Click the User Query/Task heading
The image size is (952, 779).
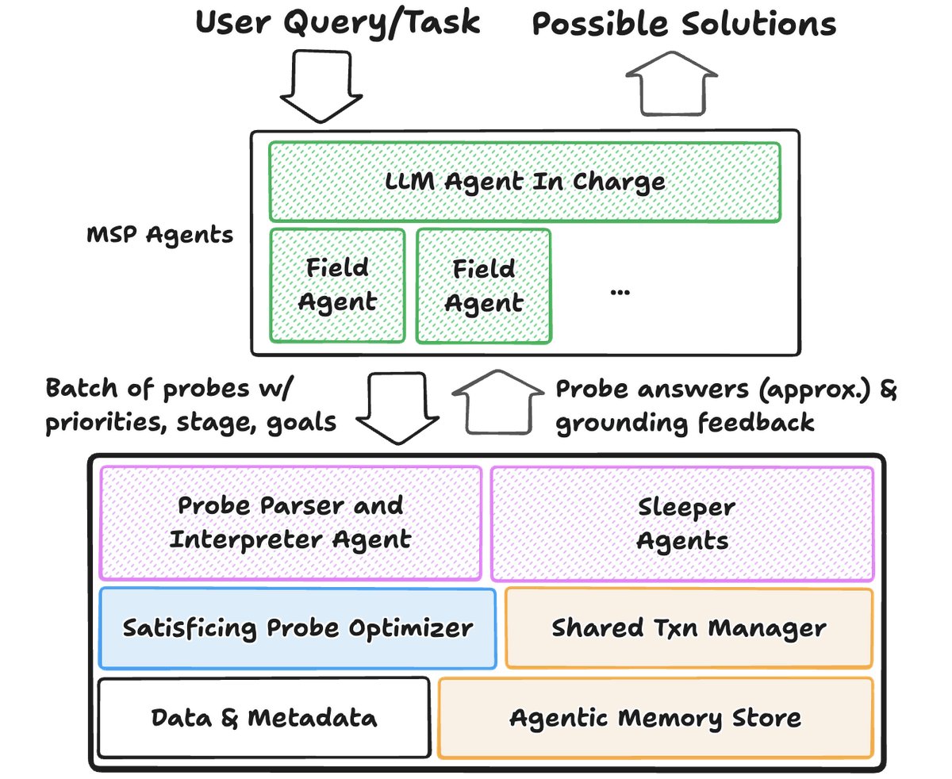[x=338, y=22]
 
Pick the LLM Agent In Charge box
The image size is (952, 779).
[x=524, y=182]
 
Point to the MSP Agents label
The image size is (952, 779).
[x=159, y=235]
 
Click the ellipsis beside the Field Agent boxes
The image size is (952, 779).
[x=620, y=290]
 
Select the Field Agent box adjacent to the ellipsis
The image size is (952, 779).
[x=483, y=286]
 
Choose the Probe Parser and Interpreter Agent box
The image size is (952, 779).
[x=290, y=523]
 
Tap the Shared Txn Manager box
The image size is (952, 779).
[x=689, y=628]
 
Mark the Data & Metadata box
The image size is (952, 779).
[x=263, y=718]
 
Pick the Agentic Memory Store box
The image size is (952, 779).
[x=655, y=718]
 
